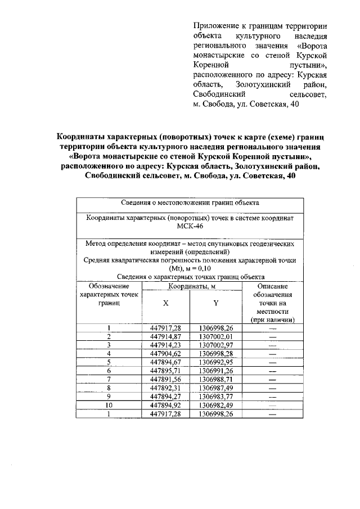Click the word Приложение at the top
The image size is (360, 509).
(214, 26)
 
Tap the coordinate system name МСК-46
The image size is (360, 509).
(188, 226)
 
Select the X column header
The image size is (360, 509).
(165, 303)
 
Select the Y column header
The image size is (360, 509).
(215, 303)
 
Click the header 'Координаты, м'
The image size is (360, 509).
(190, 286)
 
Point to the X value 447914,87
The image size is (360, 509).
(165, 336)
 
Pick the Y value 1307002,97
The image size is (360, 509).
(215, 345)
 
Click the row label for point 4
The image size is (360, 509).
(109, 354)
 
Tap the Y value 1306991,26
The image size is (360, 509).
(215, 371)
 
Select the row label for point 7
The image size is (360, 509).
(109, 380)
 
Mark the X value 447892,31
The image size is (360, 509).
(165, 388)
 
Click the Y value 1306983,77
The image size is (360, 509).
(215, 397)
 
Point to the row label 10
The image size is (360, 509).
(109, 405)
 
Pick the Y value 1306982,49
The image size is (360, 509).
(215, 405)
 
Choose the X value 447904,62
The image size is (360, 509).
(165, 354)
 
